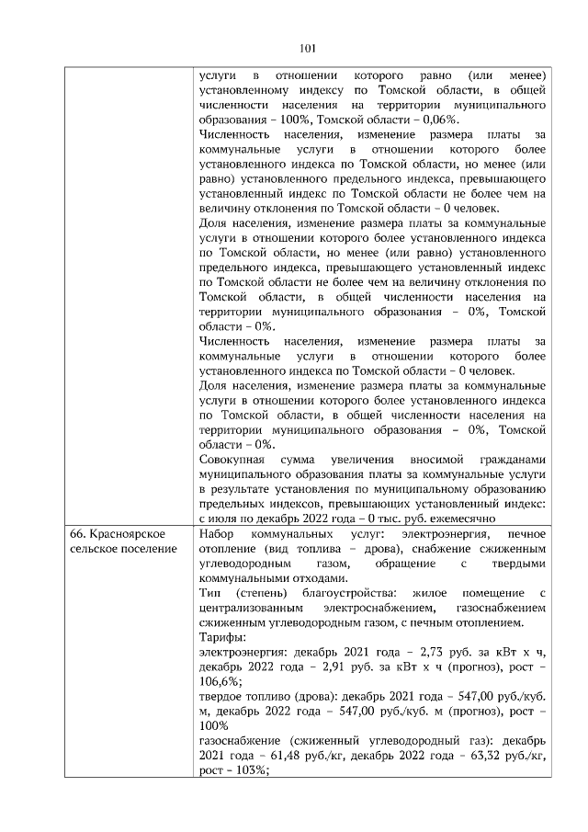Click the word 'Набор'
tap(217, 534)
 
